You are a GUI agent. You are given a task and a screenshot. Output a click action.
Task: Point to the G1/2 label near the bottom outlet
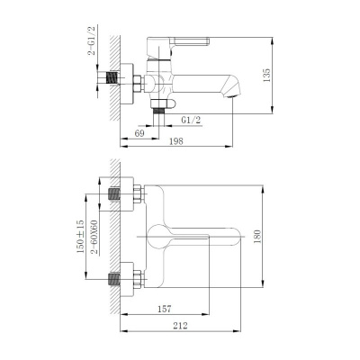coord(192,119)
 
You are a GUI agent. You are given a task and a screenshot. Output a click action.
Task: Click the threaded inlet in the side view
coord(111,79)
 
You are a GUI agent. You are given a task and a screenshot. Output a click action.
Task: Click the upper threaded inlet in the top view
coord(113,194)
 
